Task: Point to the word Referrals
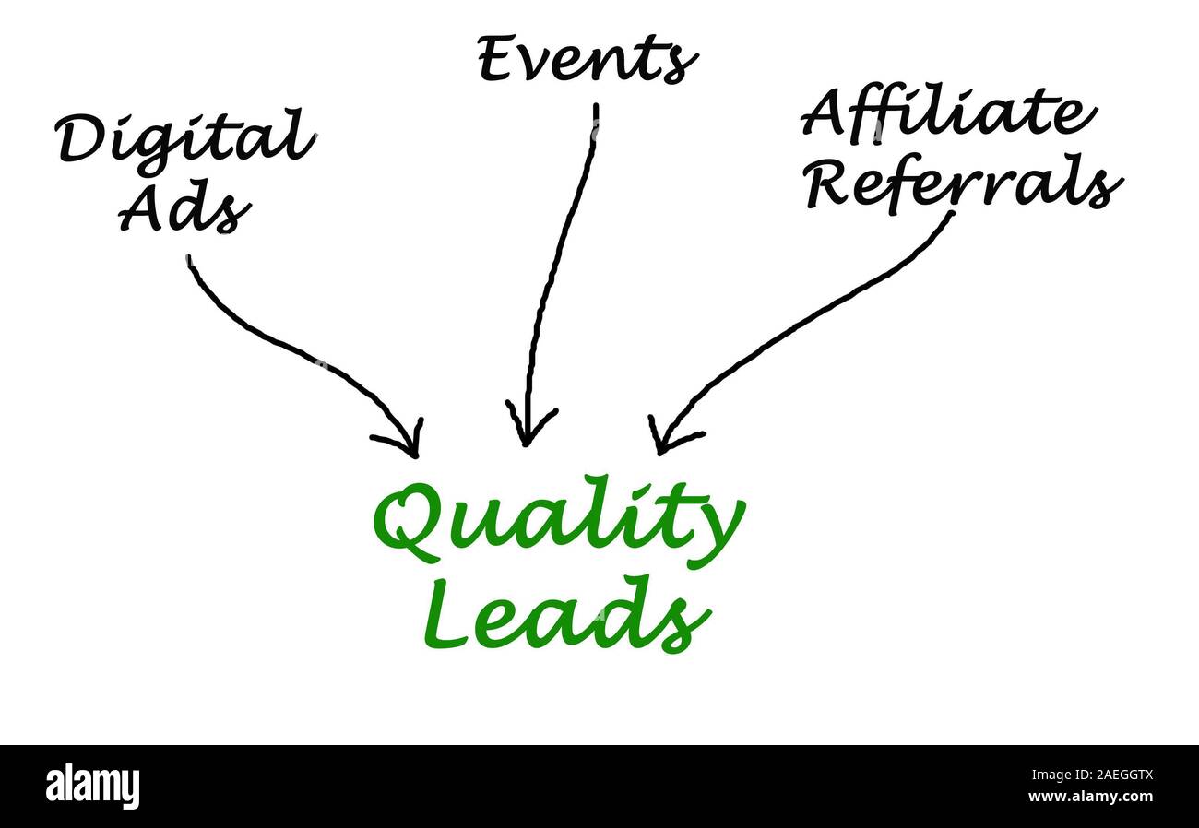[963, 184]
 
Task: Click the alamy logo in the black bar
[92, 787]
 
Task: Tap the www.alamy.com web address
[1089, 796]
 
